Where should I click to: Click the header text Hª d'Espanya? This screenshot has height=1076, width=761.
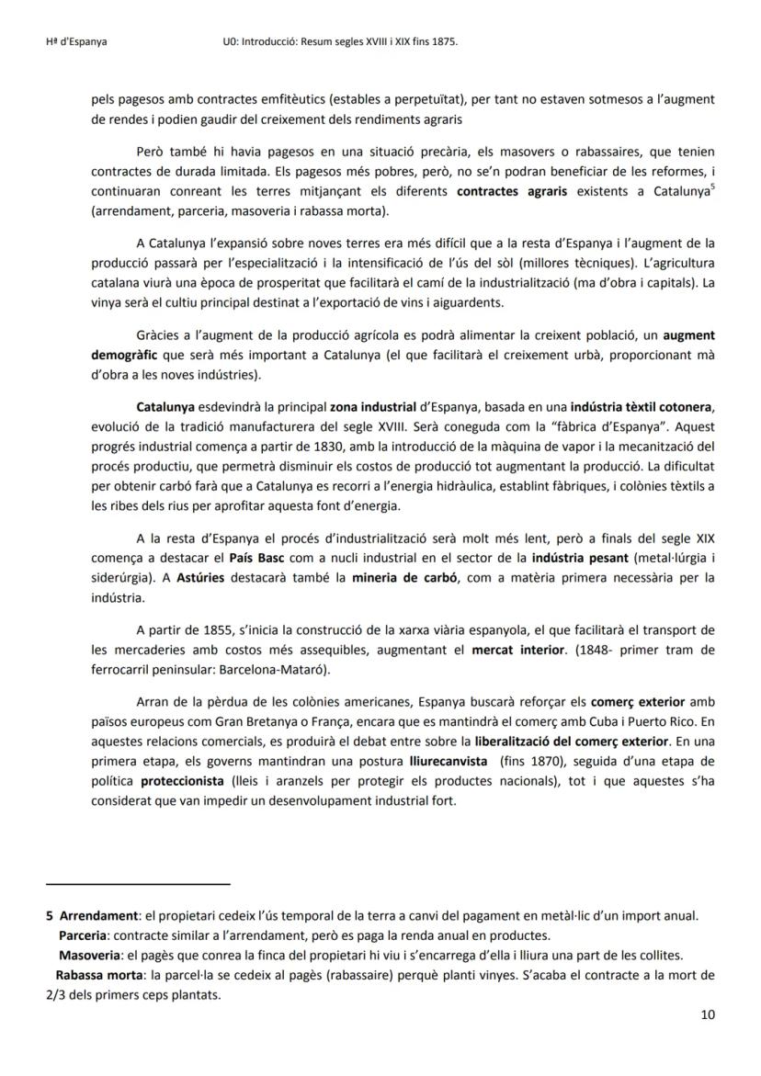(76, 42)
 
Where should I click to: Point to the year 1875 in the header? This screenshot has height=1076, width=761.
(442, 42)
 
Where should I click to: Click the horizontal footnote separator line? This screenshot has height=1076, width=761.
(137, 884)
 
